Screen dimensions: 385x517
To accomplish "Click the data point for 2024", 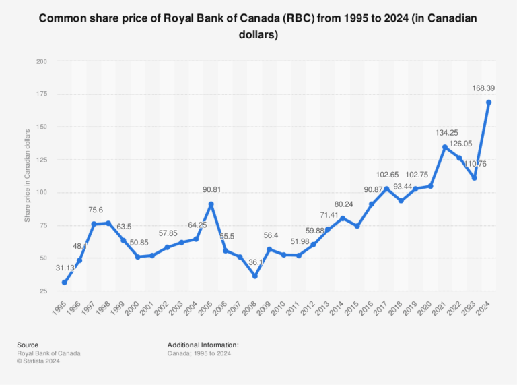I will pyautogui.click(x=489, y=102).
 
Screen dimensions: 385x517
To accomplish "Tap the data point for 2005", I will pyautogui.click(x=211, y=204).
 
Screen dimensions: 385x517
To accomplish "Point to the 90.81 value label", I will pyautogui.click(x=211, y=189).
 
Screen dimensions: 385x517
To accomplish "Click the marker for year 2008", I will pyautogui.click(x=254, y=276).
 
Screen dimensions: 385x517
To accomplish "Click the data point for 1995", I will pyautogui.click(x=65, y=283).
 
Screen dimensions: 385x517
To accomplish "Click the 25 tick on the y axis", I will pyautogui.click(x=44, y=291).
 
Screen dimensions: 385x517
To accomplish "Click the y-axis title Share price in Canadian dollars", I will pyautogui.click(x=28, y=175).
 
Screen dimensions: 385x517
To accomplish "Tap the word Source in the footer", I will pyautogui.click(x=28, y=345).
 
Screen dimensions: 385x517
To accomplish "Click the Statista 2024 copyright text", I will pyautogui.click(x=39, y=360).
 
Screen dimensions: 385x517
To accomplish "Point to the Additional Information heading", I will pyautogui.click(x=203, y=345).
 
